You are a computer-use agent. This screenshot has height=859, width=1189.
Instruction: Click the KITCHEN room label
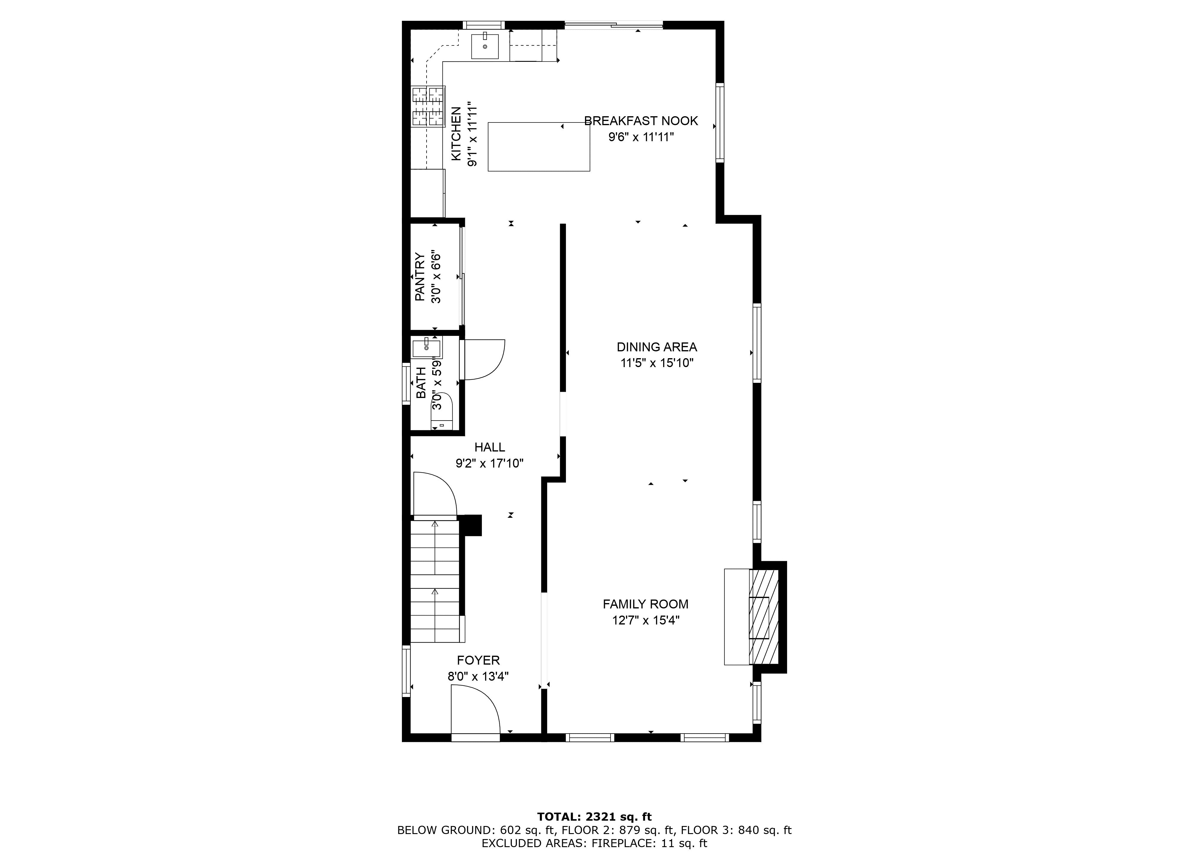click(x=456, y=134)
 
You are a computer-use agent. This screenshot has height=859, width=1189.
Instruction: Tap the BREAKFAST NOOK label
click(x=641, y=121)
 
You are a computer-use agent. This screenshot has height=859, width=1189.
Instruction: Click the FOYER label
click(x=478, y=660)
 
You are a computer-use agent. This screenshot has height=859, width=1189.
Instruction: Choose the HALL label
click(x=490, y=447)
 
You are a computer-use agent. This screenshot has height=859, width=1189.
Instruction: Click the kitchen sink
click(x=485, y=45)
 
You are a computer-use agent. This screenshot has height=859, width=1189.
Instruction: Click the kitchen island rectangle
click(x=539, y=147)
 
